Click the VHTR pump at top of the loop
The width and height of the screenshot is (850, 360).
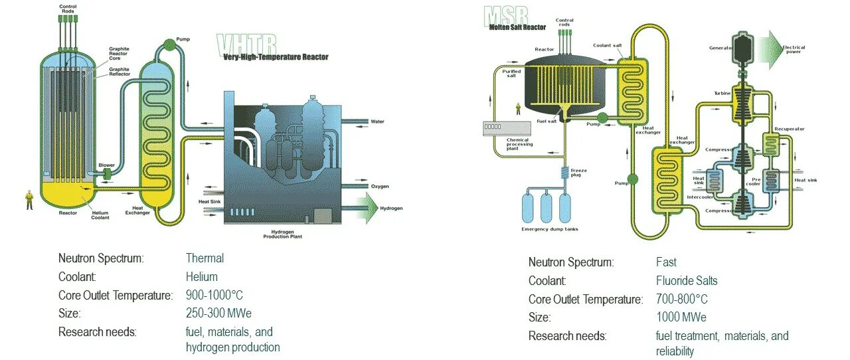168,45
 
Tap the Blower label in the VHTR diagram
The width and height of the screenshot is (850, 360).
106,165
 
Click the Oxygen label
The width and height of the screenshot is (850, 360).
380,187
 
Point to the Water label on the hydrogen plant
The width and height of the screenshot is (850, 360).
377,122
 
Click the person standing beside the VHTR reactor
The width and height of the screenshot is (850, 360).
29,199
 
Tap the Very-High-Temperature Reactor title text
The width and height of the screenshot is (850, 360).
276,57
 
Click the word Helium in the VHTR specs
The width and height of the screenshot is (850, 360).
202,276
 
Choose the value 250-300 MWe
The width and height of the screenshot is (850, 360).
218,313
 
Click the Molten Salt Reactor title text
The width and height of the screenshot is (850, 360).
517,27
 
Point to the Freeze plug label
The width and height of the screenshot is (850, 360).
579,173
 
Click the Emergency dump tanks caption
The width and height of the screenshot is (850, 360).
550,229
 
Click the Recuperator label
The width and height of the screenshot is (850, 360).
790,129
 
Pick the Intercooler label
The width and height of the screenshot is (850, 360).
700,197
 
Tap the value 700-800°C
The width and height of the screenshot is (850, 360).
682,299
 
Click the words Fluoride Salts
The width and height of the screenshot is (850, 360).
687,280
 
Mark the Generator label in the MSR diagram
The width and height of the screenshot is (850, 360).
721,48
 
